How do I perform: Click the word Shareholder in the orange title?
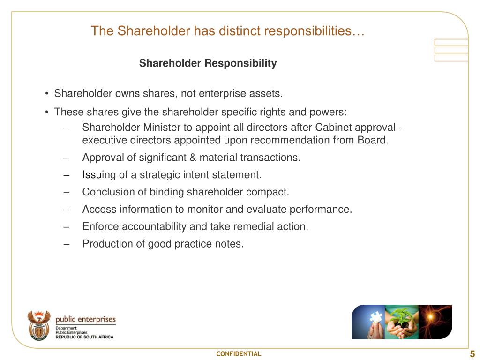(x=154, y=31)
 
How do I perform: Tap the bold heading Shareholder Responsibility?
(x=208, y=63)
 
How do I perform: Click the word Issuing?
(x=99, y=175)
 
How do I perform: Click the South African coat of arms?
(x=39, y=325)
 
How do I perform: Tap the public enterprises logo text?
(x=86, y=319)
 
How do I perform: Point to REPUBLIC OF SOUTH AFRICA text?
(x=84, y=337)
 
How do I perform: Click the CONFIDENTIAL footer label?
(x=239, y=354)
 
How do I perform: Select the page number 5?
(x=472, y=354)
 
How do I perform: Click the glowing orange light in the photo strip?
(x=430, y=317)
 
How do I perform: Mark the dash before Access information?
(x=67, y=210)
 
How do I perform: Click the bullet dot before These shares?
(x=46, y=112)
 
